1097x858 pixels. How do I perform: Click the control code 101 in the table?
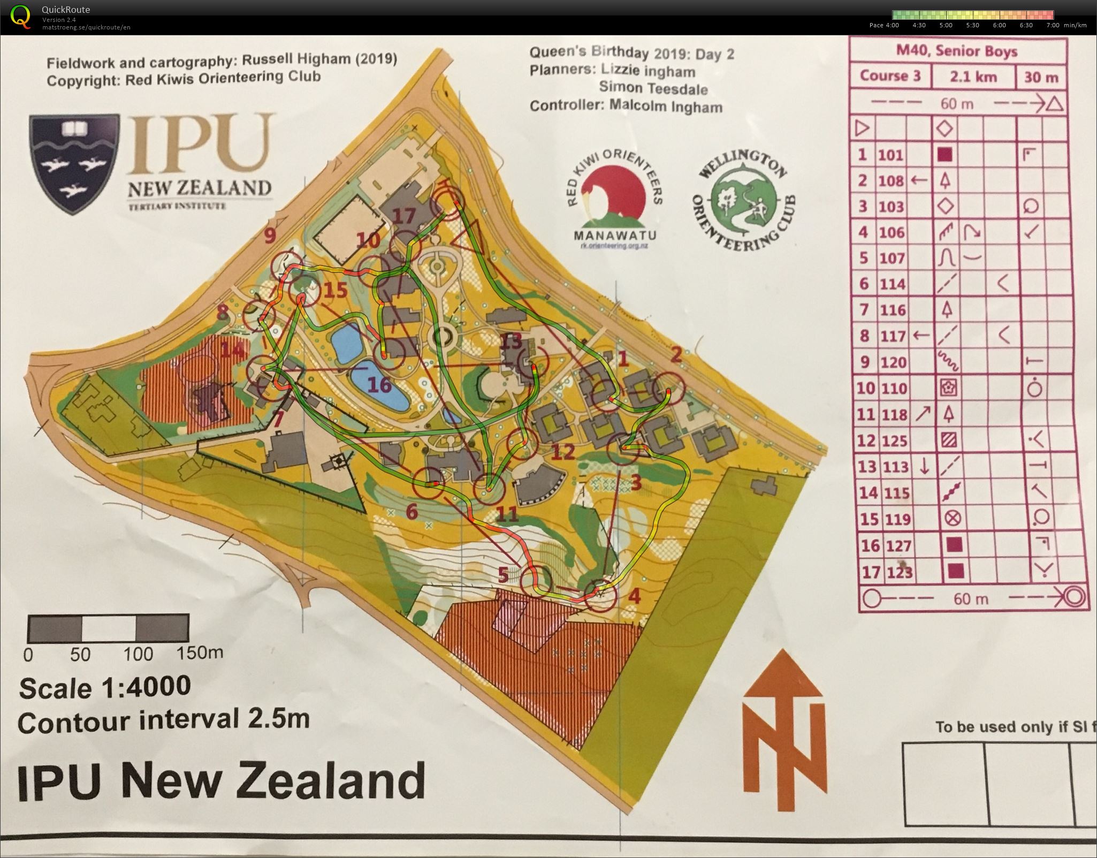point(890,155)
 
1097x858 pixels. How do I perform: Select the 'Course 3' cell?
point(890,76)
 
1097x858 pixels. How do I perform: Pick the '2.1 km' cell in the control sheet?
point(973,77)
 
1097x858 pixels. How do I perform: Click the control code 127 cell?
point(898,545)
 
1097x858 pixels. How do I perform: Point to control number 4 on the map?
point(634,596)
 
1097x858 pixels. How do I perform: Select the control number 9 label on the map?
point(269,234)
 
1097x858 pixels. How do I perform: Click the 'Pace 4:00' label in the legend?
point(884,25)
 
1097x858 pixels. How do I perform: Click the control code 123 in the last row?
point(898,572)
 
